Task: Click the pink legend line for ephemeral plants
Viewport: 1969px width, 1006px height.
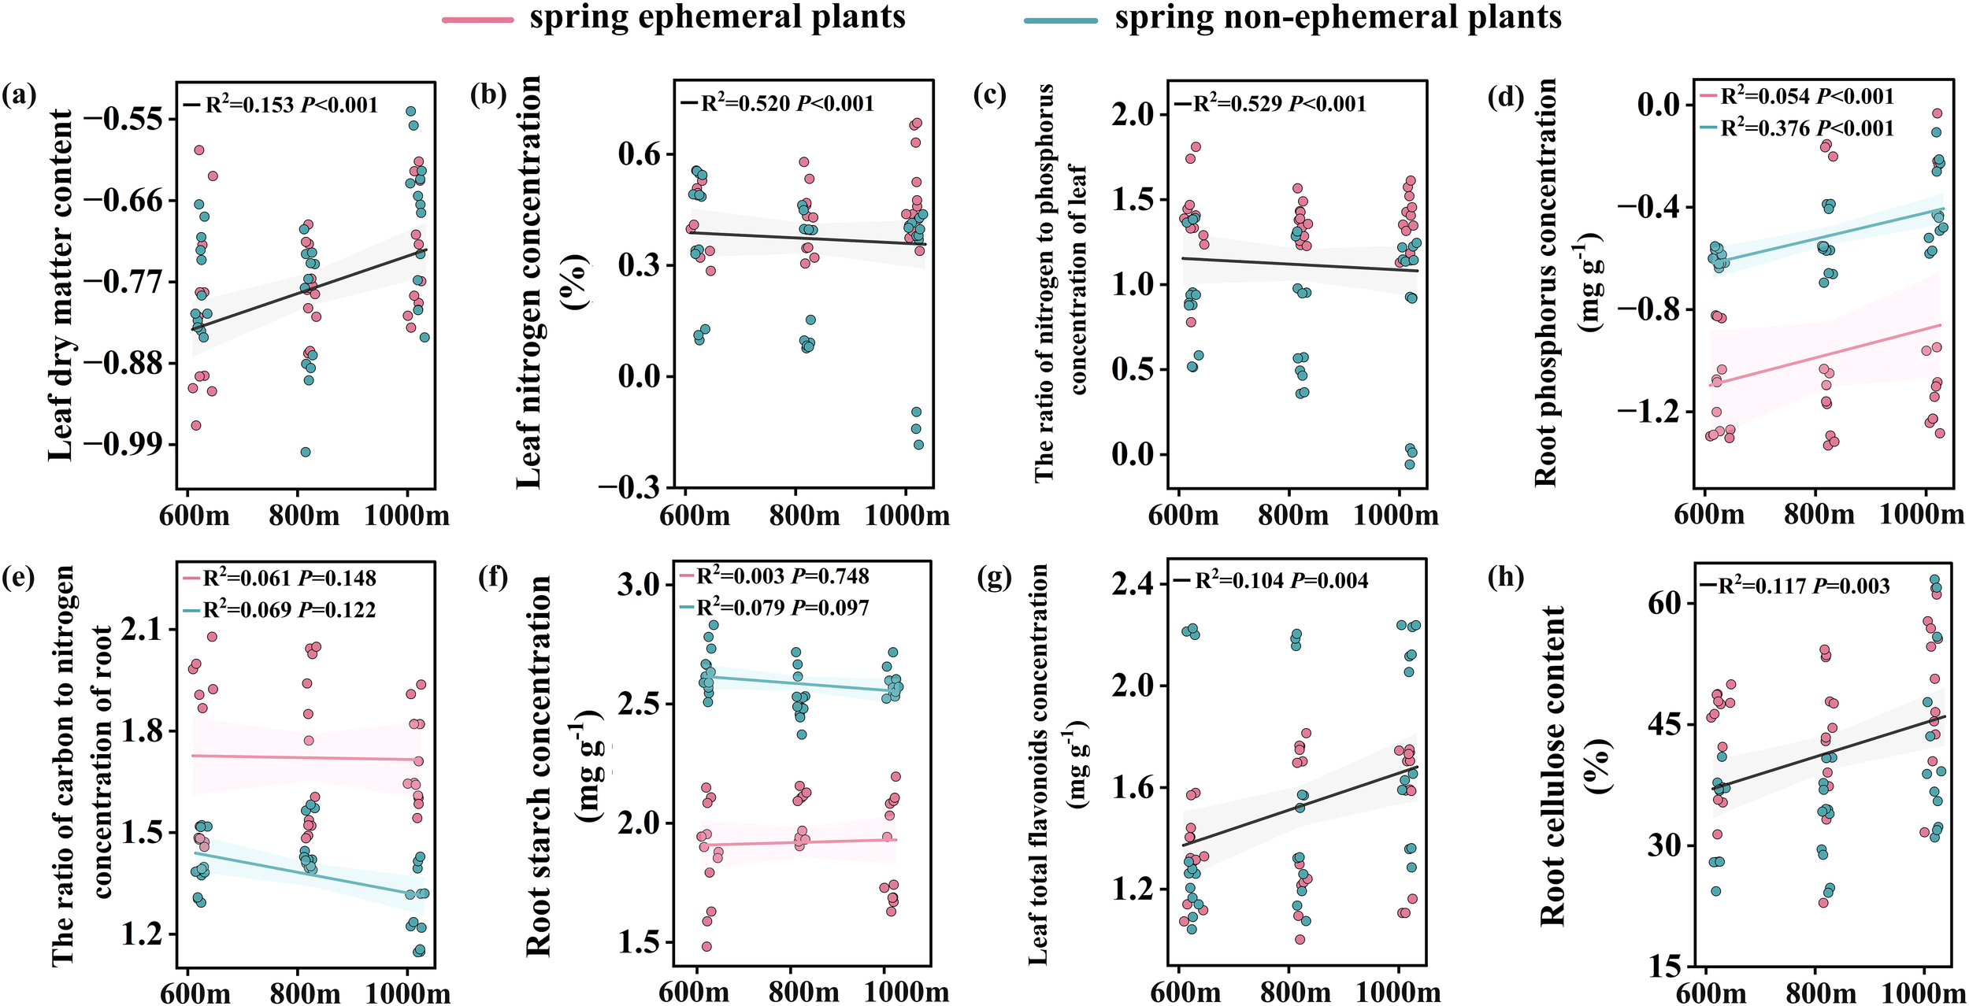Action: click(x=477, y=19)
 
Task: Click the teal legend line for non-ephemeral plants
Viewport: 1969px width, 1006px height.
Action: click(x=1060, y=19)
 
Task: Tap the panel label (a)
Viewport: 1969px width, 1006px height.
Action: click(x=19, y=96)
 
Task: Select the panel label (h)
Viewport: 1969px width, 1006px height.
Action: click(x=1505, y=578)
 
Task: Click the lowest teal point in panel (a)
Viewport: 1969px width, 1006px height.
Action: click(x=306, y=452)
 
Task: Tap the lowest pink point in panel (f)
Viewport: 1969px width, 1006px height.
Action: click(x=706, y=946)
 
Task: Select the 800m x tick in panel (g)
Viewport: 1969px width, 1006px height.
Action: click(x=1295, y=992)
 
